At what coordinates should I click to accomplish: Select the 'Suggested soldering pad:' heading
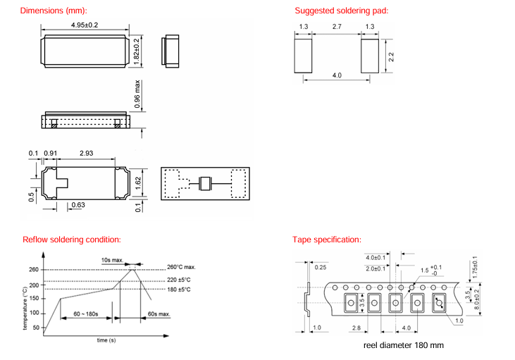pyautogui.click(x=341, y=11)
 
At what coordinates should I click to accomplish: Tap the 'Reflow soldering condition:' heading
pyautogui.click(x=72, y=240)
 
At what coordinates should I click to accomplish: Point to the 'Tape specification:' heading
pyautogui.click(x=328, y=240)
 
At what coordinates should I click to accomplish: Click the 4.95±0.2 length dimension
pyautogui.click(x=85, y=25)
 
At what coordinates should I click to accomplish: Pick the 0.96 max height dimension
pyautogui.click(x=138, y=96)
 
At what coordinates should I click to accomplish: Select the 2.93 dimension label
pyautogui.click(x=87, y=153)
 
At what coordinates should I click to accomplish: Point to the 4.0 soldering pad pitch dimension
pyautogui.click(x=337, y=75)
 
